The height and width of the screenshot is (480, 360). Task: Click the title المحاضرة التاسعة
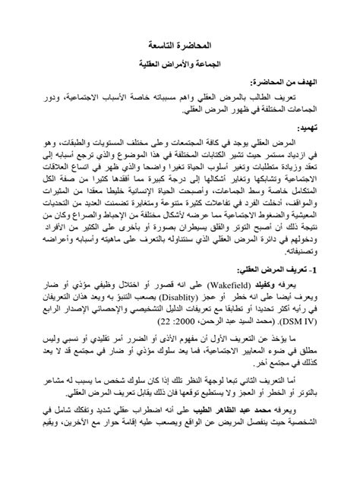[179, 45]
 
